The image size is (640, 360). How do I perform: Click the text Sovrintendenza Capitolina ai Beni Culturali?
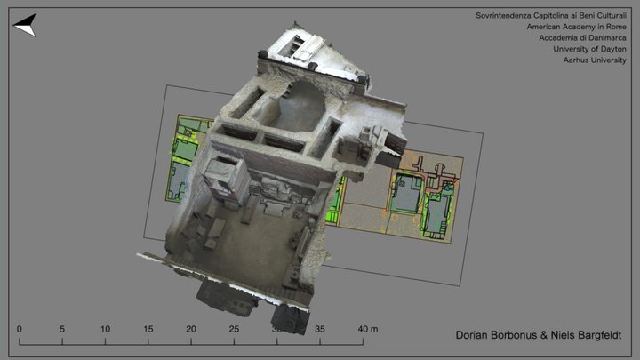point(550,16)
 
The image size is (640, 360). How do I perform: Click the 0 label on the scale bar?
point(20,329)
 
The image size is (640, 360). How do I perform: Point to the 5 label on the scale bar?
point(62,329)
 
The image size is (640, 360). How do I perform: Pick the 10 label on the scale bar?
point(105,329)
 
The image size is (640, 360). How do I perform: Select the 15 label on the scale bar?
point(148,329)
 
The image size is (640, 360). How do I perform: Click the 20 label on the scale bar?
point(190,329)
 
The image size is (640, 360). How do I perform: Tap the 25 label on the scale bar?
point(233,329)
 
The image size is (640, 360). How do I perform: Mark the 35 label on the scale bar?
point(320,329)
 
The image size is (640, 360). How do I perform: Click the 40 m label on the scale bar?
point(367,329)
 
